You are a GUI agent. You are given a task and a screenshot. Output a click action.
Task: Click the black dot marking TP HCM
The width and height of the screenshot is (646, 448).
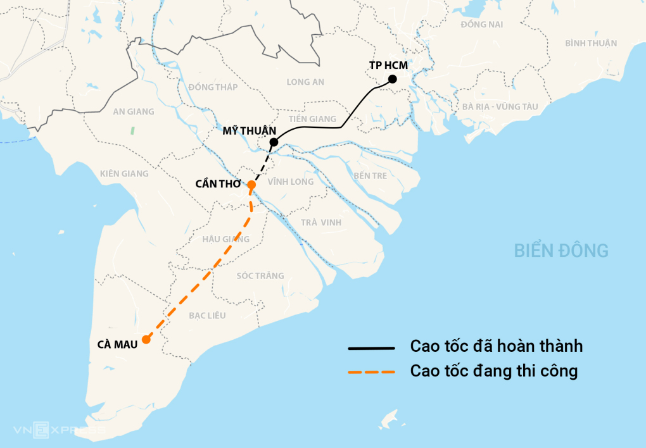392,79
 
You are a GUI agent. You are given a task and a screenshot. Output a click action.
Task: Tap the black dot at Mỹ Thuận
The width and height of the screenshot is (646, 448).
274,142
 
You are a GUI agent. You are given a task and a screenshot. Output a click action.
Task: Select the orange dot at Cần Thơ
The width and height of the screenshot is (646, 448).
251,185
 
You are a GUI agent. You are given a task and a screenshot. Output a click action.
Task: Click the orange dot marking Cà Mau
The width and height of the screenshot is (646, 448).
146,339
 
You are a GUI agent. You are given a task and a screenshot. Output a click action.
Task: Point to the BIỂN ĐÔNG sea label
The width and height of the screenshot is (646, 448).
560,251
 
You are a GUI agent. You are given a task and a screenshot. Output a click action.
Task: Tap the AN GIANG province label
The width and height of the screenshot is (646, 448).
133,111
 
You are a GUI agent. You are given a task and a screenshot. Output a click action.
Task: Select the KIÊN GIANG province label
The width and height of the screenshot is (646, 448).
124,173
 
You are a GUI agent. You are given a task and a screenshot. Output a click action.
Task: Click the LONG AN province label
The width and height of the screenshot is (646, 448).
305,82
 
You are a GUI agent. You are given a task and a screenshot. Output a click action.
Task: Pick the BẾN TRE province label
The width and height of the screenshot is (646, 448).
370,175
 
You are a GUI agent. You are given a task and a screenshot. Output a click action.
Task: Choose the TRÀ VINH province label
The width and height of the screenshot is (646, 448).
321,222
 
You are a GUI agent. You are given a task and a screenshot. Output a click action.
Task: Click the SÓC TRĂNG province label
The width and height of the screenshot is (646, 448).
260,275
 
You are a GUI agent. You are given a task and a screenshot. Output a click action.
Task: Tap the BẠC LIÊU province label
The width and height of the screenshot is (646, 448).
207,315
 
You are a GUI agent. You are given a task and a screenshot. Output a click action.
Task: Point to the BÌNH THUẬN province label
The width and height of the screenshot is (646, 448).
591,43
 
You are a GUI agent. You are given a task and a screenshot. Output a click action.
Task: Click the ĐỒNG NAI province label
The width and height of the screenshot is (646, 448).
482,24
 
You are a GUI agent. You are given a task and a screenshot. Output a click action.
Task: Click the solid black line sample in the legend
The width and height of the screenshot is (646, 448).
371,348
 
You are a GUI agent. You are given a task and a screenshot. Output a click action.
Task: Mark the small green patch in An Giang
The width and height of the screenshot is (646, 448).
132,130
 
